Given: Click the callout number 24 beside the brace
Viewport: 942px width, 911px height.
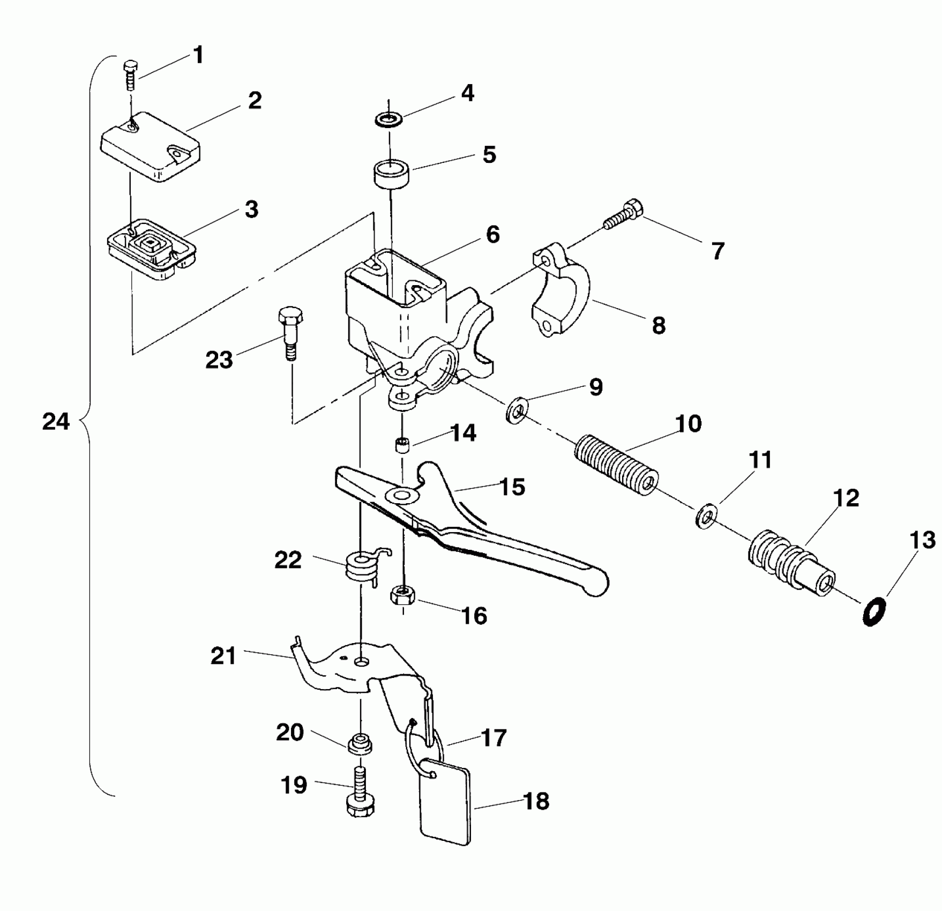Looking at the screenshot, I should pos(56,422).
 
